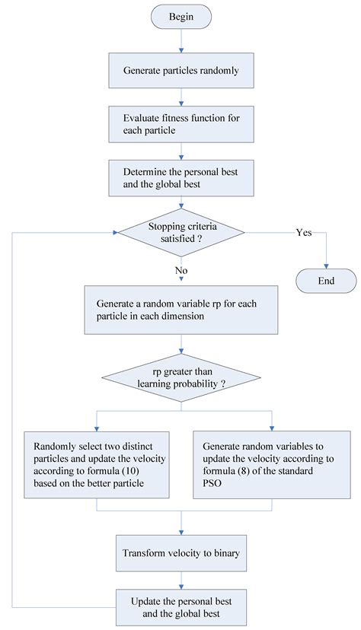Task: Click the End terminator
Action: pos(325,280)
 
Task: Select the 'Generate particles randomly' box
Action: pos(180,70)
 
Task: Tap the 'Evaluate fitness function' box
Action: pos(180,125)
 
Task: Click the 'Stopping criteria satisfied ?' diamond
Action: pos(180,231)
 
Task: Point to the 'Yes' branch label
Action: pos(303,232)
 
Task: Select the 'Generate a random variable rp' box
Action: pos(180,310)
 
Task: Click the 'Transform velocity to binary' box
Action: pos(180,553)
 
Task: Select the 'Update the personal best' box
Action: pos(180,606)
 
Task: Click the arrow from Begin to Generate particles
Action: pos(180,43)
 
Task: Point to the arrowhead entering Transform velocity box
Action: pos(180,532)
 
